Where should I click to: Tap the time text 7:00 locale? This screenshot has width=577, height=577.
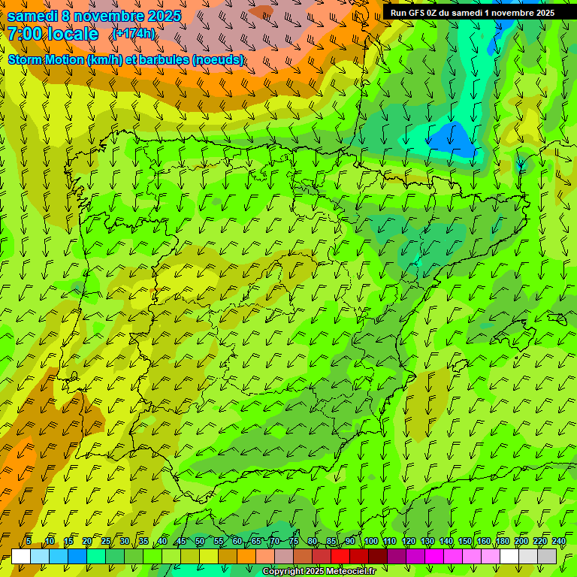[53, 34]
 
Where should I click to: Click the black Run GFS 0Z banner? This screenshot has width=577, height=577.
[473, 13]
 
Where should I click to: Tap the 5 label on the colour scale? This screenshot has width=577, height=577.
[29, 541]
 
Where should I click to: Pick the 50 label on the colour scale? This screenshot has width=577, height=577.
[199, 541]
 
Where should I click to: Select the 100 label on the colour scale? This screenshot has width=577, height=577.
[371, 541]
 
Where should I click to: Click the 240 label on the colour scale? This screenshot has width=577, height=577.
[558, 541]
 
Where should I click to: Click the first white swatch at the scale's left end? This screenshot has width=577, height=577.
[21, 556]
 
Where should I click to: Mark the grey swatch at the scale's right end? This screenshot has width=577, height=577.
[547, 556]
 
